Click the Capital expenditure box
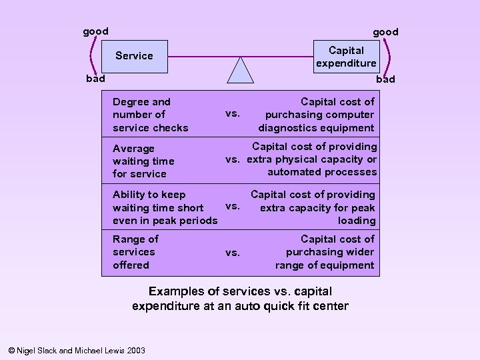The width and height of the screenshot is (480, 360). point(346,57)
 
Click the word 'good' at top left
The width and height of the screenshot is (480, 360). point(96,31)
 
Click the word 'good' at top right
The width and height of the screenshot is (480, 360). point(385,31)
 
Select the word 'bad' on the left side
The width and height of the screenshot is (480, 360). point(94,79)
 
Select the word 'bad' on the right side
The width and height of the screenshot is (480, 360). point(385,79)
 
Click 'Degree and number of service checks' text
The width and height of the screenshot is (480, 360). point(151,114)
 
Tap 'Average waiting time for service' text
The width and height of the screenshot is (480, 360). point(143,161)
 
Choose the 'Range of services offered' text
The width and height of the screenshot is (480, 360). point(135,251)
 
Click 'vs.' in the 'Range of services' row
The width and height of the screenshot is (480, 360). point(233,253)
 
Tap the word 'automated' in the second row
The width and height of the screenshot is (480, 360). point(293,172)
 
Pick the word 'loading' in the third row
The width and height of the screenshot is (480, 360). point(357,220)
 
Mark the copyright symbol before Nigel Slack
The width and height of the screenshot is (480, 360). point(8,349)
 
